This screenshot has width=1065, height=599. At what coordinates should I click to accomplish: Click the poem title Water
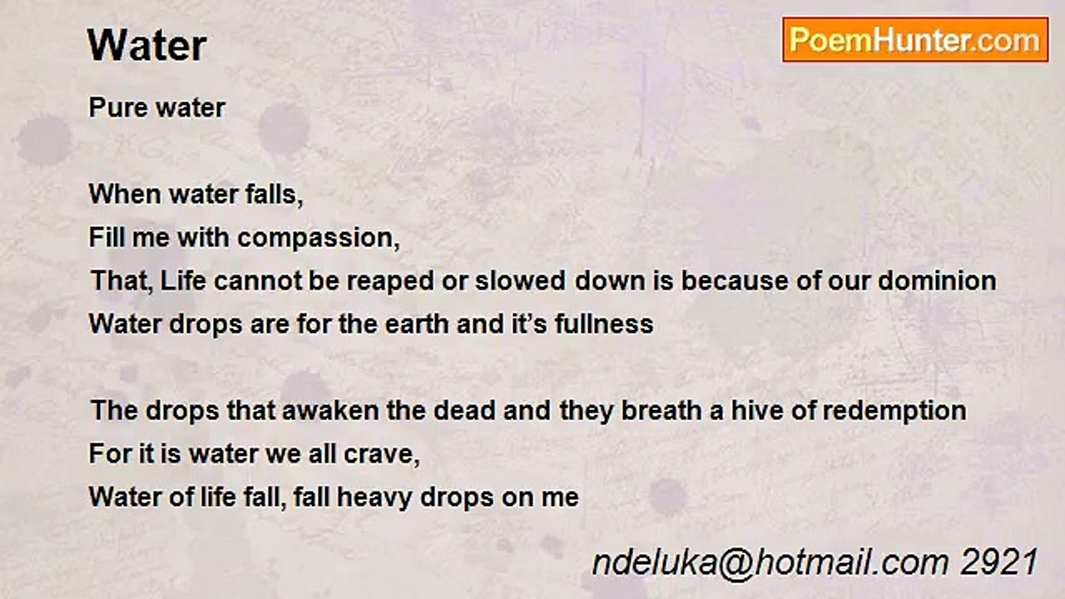(x=147, y=46)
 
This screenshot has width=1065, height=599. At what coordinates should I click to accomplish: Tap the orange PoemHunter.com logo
(x=915, y=40)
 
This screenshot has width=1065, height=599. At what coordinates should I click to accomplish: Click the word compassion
(x=318, y=239)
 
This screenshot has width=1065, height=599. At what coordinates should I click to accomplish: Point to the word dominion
(x=937, y=280)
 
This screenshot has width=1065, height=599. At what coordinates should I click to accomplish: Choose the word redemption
(x=894, y=412)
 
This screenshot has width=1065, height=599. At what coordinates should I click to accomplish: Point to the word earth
(x=417, y=324)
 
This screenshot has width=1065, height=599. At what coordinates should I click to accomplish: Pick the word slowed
(x=521, y=280)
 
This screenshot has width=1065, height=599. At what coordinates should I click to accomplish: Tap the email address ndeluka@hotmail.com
(x=770, y=563)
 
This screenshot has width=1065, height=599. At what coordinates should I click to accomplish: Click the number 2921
(x=999, y=562)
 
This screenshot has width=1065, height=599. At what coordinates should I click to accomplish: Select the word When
(x=125, y=195)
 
